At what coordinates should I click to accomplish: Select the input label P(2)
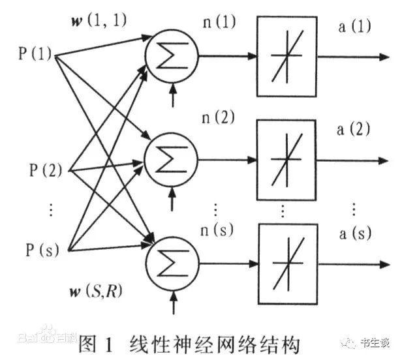(45, 172)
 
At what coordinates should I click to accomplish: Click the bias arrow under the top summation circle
(173, 98)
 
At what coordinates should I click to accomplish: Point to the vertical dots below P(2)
(52, 210)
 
